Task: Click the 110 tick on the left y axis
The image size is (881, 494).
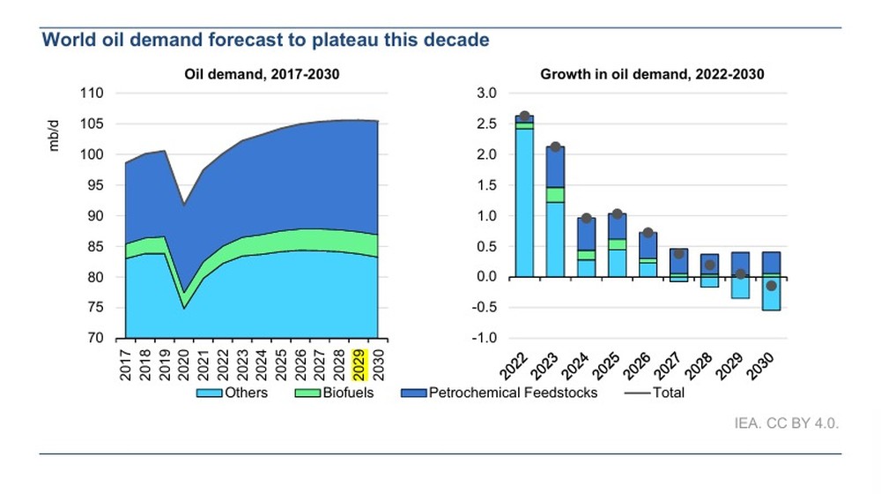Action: (x=92, y=94)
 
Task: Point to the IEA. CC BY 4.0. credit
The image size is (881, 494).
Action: (x=786, y=423)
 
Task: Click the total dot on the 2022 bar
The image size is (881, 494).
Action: (x=525, y=116)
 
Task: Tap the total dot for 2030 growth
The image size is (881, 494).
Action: (x=771, y=286)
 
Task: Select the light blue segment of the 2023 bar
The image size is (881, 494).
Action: (x=555, y=239)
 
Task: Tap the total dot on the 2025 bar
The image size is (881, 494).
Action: (x=618, y=214)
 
